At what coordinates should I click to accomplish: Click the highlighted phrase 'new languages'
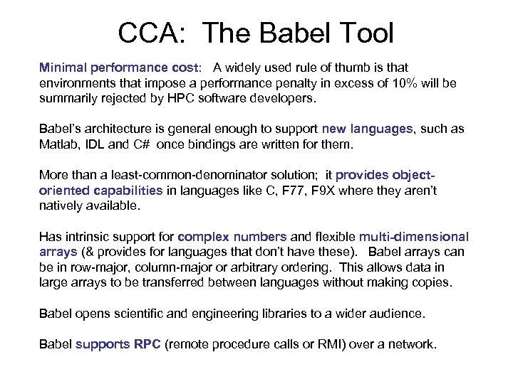click(x=367, y=129)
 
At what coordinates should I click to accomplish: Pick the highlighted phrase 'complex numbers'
click(x=232, y=237)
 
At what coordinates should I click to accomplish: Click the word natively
click(x=61, y=206)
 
